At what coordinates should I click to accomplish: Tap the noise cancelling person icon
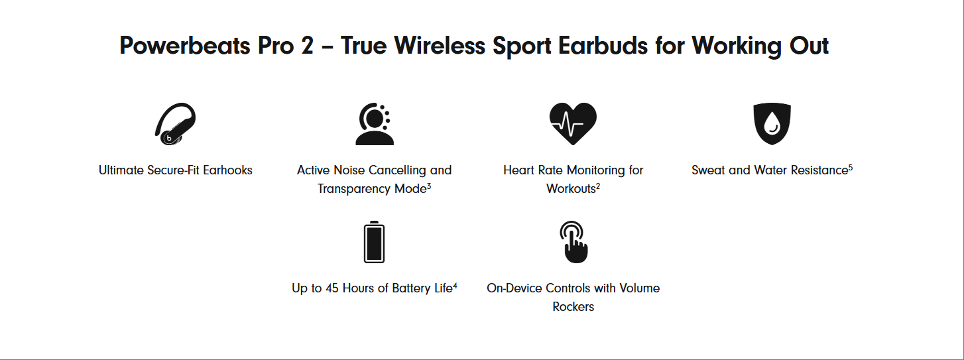coord(374,124)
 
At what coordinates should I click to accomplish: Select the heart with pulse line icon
coord(573,123)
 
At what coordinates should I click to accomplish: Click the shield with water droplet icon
coord(772,123)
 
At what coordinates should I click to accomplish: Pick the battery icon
coord(374,242)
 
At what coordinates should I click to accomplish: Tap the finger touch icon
coord(573,242)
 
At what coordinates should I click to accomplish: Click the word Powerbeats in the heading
coord(184,46)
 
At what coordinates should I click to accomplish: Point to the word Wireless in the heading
coord(440,46)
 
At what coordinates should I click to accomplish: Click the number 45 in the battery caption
coord(331,288)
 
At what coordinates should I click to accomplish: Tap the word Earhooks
coord(227,170)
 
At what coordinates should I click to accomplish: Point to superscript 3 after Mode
coord(429,186)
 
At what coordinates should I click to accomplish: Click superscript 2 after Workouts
coord(598,186)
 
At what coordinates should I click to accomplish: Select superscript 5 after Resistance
coord(851,167)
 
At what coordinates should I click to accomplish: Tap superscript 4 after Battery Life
coord(455,284)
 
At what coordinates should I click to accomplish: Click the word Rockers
coord(573,307)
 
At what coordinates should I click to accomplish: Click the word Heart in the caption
coord(518,170)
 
